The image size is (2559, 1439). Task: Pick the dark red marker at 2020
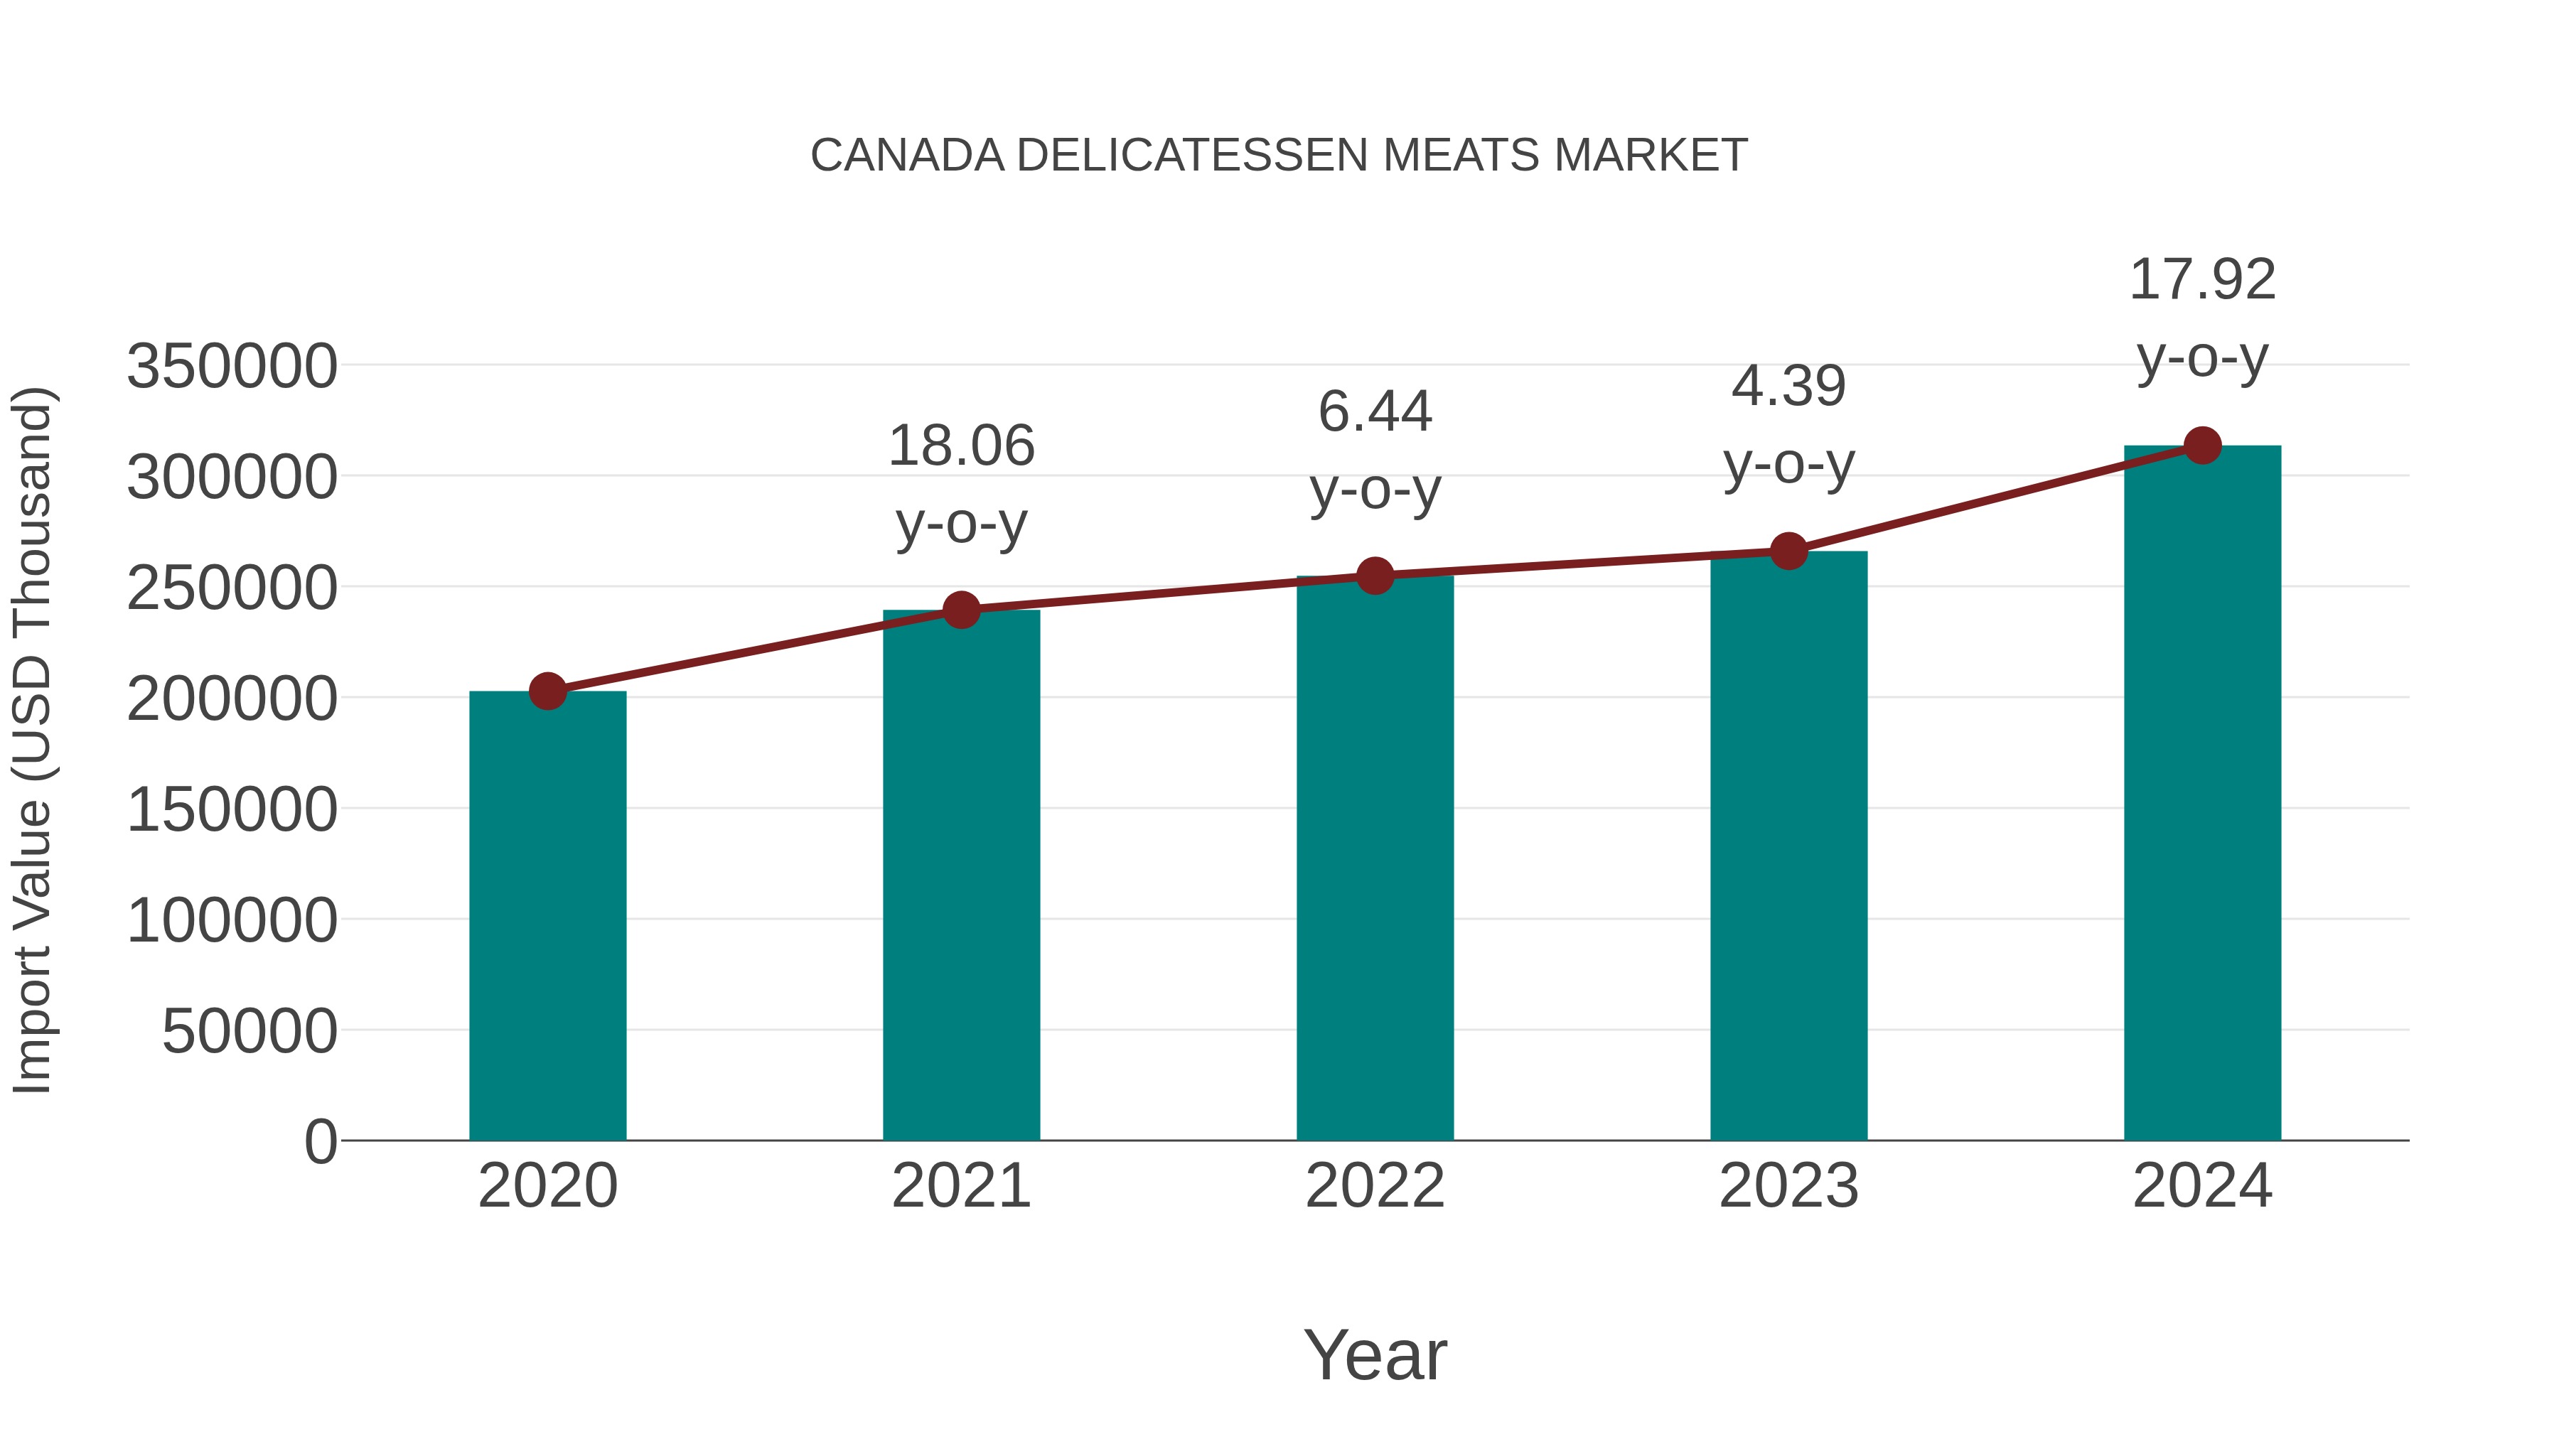547,691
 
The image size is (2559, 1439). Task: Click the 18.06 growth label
960,446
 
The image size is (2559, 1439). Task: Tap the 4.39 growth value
1788,387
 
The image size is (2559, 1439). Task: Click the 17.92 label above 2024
2202,280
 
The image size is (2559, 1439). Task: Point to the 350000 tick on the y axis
232,367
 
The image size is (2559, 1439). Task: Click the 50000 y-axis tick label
250,1031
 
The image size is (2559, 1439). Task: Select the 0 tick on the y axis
320,1142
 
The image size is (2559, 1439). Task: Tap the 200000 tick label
232,699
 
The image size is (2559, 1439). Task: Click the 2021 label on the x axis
960,1186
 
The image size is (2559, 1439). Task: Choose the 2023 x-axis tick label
1788,1186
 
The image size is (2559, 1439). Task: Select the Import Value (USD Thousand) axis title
33,740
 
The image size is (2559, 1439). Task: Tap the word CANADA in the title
907,156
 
